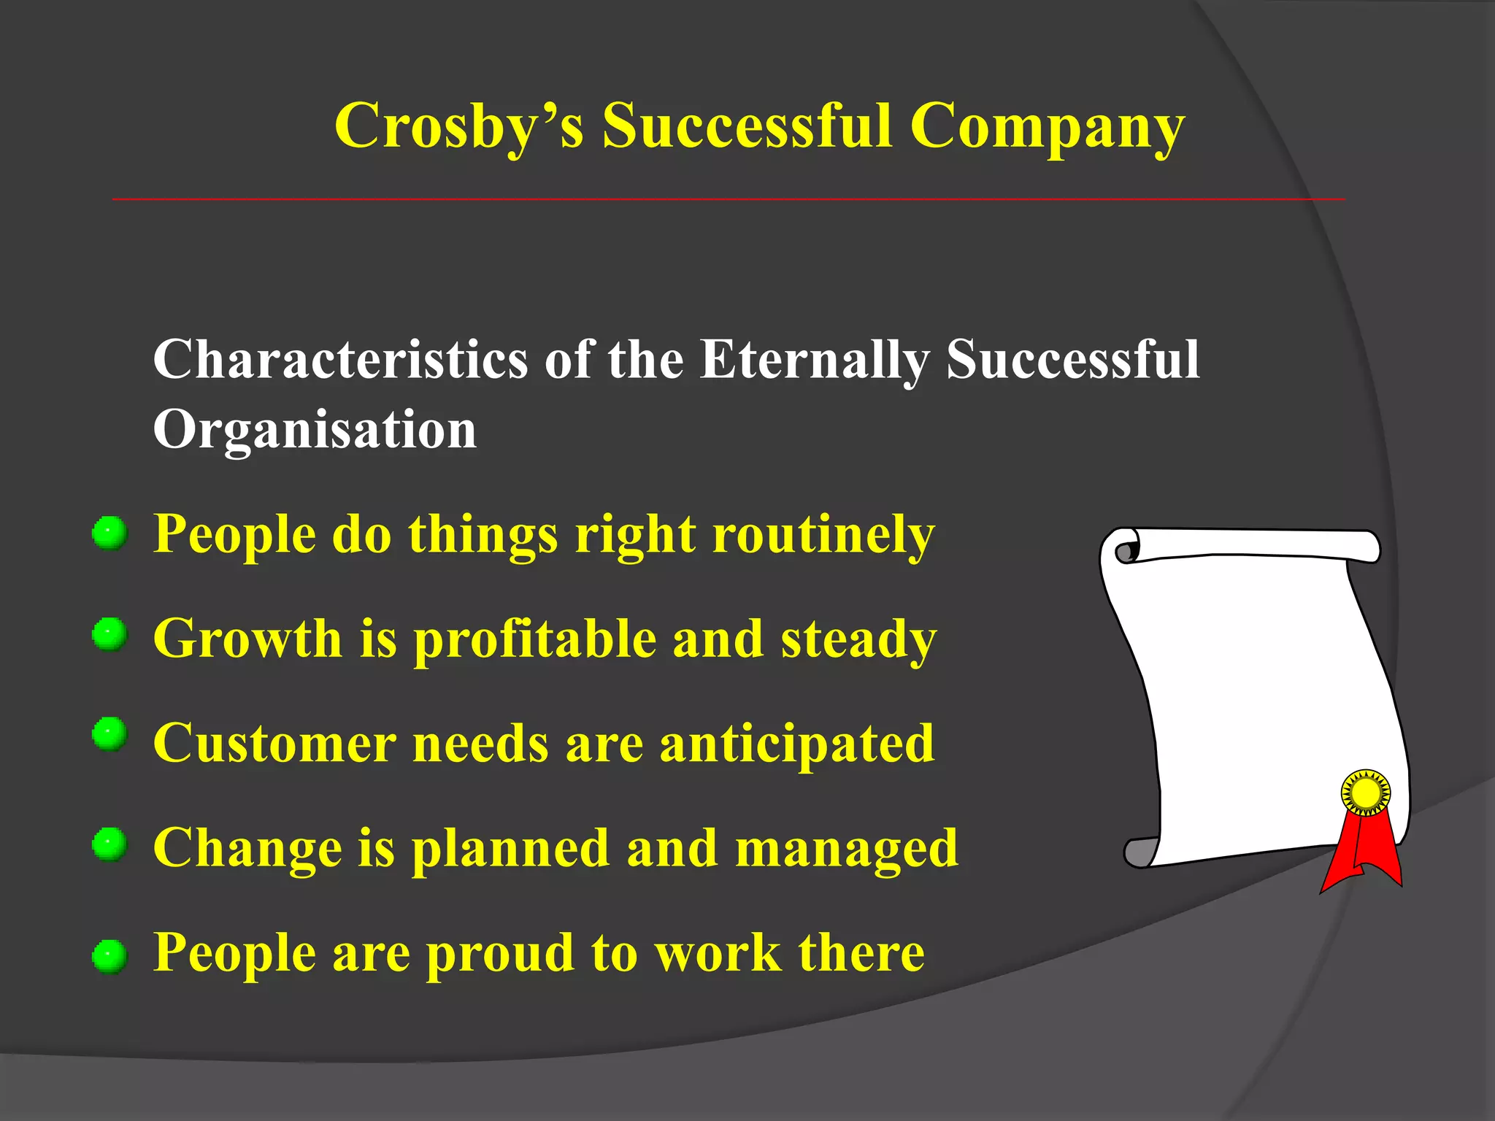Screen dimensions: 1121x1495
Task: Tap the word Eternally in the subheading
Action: (x=814, y=359)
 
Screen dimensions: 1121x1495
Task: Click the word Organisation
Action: (x=315, y=429)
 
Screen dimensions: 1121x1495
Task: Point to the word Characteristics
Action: (x=340, y=359)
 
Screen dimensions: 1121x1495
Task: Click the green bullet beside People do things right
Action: (x=109, y=533)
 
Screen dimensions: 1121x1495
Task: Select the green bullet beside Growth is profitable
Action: (x=109, y=634)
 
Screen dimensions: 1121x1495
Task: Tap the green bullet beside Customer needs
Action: (x=109, y=733)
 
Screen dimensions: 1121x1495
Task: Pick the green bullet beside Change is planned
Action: (x=109, y=844)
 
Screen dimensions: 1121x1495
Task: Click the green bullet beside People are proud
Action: (x=109, y=955)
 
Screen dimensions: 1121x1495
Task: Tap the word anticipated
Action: (x=796, y=744)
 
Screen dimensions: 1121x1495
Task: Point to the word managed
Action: (x=846, y=848)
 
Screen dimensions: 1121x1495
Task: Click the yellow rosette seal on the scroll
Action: (x=1366, y=793)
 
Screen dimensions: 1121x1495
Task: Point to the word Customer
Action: (x=274, y=744)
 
